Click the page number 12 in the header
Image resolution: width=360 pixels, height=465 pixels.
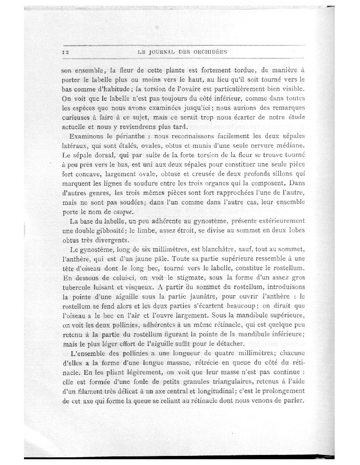[x=66, y=51]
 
